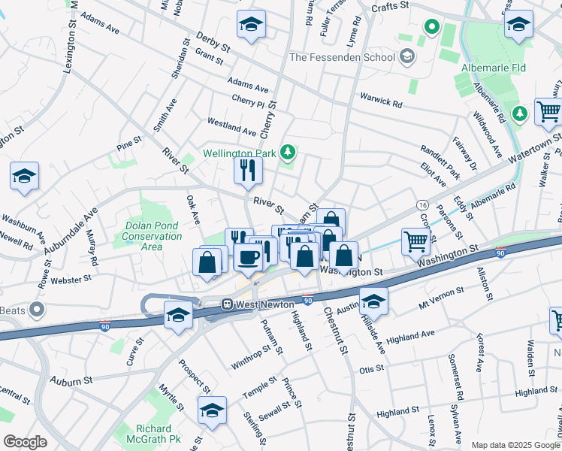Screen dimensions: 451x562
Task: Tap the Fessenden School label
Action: pos(342,57)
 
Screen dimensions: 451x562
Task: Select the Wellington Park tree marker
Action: pos(286,153)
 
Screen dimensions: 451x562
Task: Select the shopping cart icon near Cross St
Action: pos(416,241)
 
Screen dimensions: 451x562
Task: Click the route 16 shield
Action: pos(422,205)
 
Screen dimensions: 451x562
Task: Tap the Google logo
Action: pos(25,442)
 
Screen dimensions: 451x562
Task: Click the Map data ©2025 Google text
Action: pos(515,445)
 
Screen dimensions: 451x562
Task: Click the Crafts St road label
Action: pos(391,6)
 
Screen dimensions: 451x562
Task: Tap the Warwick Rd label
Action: pos(381,98)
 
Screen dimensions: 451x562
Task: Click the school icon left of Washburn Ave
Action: pos(24,177)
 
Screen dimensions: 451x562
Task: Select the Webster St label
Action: pos(72,278)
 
